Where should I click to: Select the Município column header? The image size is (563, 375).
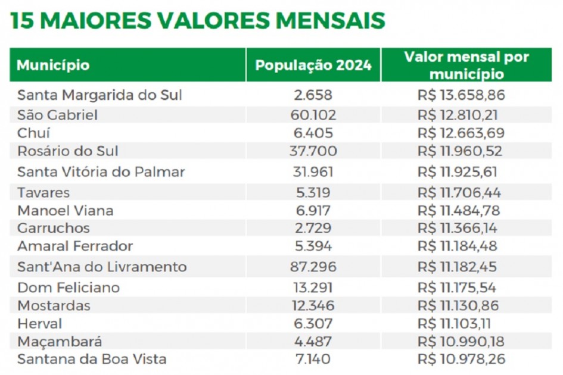pos(53,65)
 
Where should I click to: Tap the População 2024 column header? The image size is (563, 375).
pos(313,65)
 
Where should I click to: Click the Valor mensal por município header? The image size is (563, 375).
pos(466,65)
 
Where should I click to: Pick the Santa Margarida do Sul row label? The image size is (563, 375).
pos(99,95)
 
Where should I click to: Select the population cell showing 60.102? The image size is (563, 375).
pos(313,115)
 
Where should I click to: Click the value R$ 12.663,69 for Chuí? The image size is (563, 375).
pos(459,133)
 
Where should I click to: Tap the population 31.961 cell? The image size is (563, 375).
pos(313,172)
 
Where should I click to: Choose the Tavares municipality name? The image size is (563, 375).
pos(43,193)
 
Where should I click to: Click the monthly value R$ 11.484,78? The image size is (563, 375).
pos(459,211)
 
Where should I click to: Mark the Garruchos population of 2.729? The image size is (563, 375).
pos(313,228)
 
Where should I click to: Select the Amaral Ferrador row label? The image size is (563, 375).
pos(75,246)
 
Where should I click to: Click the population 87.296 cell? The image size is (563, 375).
pos(313,267)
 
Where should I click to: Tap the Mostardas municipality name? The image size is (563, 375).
pos(54,305)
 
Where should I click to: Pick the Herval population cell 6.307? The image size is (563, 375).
pos(313,324)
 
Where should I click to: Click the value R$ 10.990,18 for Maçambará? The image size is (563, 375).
pos(459,342)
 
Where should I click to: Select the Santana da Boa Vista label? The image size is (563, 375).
pos(92,359)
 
